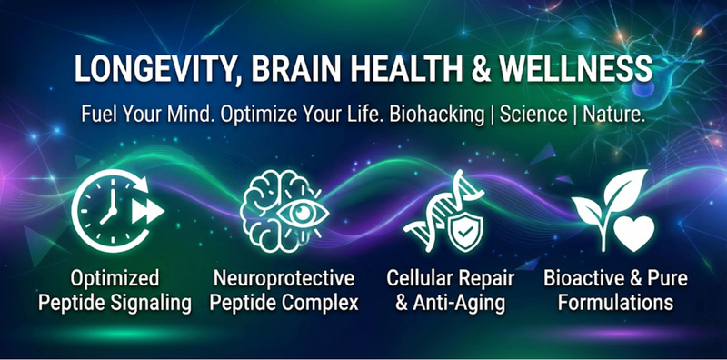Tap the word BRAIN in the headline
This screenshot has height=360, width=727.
tap(298, 70)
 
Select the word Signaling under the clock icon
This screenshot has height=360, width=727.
tap(150, 303)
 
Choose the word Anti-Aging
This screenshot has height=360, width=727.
tap(454, 303)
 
